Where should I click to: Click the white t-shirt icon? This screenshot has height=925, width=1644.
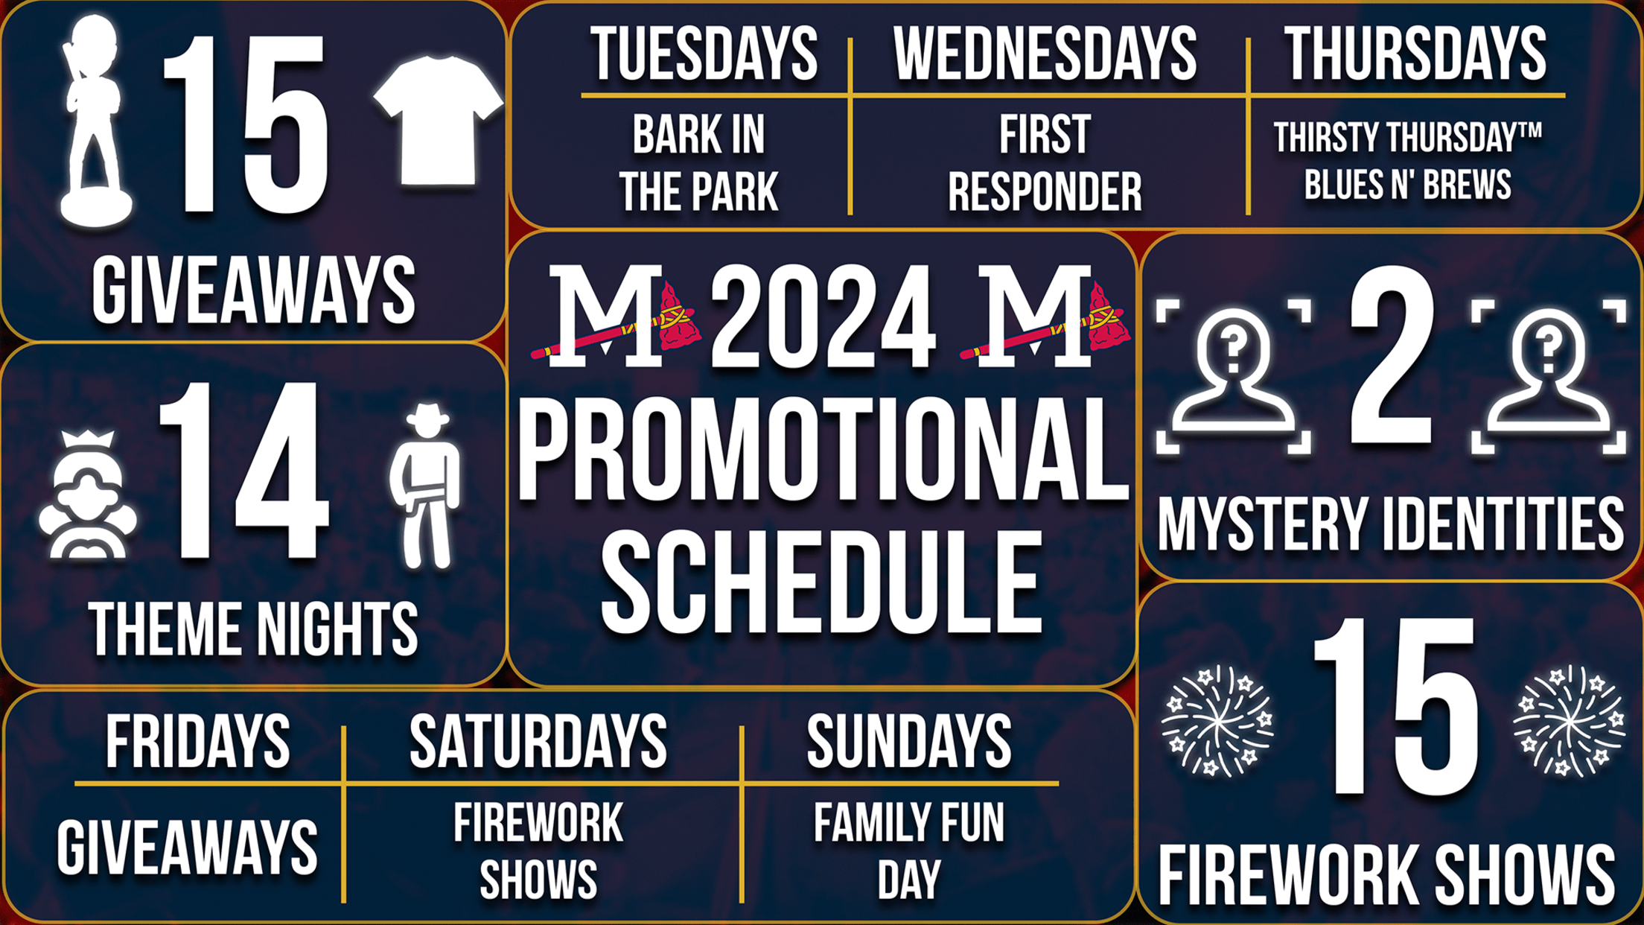point(438,119)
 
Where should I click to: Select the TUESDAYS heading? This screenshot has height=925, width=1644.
point(704,54)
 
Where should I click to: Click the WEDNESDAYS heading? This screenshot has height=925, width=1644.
point(1045,54)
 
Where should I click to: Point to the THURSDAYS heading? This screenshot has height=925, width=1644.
point(1415,54)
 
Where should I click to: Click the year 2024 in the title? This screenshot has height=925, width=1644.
point(823,317)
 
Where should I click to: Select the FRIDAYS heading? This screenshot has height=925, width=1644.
point(197,741)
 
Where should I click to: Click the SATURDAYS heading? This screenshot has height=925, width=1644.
point(538,741)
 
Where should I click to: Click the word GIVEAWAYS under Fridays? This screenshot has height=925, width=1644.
point(187,848)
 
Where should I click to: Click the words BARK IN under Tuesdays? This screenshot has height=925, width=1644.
point(698,135)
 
